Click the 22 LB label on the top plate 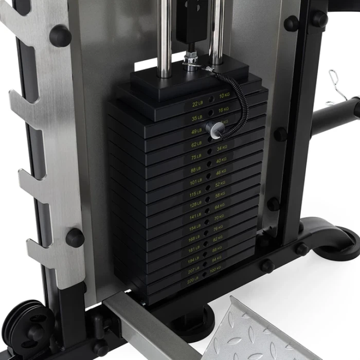(197, 104)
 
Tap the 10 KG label (224, 96)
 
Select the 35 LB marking (197, 118)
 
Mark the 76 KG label (218, 228)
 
